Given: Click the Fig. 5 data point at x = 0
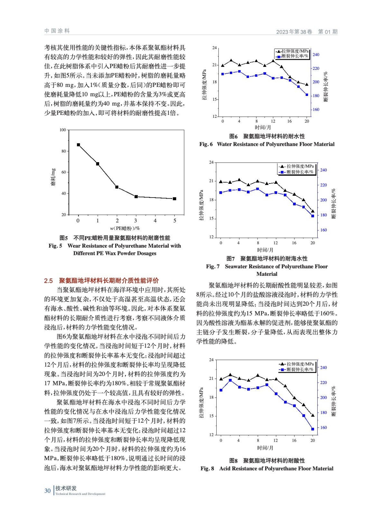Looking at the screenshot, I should click(x=78, y=145).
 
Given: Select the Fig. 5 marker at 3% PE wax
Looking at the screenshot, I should click(x=136, y=197).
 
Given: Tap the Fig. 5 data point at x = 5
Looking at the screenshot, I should click(x=175, y=199).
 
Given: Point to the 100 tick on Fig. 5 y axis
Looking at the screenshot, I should click(x=62, y=130).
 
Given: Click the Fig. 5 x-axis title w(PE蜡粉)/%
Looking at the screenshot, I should click(x=125, y=228).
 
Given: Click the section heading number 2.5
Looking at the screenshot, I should click(x=48, y=281).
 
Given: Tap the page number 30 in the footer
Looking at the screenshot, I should click(x=47, y=491).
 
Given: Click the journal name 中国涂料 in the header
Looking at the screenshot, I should click(x=57, y=31).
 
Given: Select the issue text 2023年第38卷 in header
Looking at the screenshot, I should click(x=294, y=32).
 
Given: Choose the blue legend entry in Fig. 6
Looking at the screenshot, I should click(x=292, y=56).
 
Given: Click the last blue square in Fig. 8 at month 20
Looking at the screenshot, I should click(x=312, y=429).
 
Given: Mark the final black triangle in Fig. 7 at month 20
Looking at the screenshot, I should click(x=312, y=211).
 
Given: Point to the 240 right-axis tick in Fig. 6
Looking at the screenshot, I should click(x=316, y=55).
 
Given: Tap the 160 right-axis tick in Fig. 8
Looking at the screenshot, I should click(x=323, y=427).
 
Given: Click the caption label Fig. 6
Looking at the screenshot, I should click(x=206, y=144).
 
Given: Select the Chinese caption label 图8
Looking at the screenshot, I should click(x=233, y=461).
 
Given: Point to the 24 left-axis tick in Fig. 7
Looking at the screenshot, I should click(x=211, y=162).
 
